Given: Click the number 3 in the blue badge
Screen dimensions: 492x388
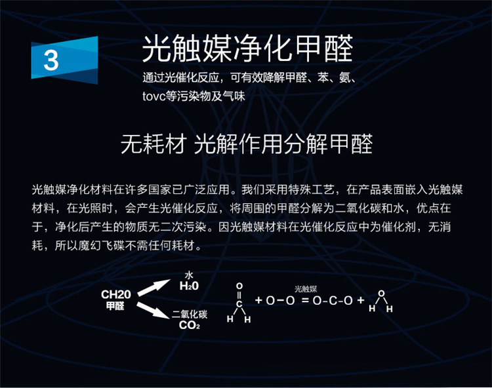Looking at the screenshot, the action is [x=51, y=60].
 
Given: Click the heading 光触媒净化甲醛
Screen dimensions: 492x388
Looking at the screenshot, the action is [x=248, y=48].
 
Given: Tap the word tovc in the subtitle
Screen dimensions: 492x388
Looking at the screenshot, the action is [x=154, y=96].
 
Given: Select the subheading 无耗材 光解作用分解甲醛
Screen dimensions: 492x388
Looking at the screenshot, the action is [x=247, y=144].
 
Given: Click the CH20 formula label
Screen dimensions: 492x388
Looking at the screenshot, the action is [x=115, y=294].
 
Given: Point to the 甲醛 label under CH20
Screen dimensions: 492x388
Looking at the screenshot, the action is [x=115, y=305].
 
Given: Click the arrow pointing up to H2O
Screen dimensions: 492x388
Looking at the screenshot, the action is [x=154, y=288].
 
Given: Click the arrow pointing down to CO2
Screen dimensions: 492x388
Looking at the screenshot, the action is [x=153, y=310].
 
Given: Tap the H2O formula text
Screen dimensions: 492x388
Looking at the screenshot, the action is [x=189, y=286].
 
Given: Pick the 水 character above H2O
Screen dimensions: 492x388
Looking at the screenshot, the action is [x=189, y=275].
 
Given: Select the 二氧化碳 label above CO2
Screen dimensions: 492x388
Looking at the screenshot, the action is [x=190, y=315].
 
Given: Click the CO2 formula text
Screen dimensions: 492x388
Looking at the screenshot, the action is [x=190, y=325].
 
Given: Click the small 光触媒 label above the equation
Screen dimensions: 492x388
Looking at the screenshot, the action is [x=306, y=289].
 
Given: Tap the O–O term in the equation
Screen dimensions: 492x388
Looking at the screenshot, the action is [x=280, y=301].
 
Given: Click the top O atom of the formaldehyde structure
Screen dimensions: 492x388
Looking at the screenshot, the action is [x=239, y=286].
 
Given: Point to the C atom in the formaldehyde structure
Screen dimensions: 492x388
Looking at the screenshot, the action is [x=239, y=304].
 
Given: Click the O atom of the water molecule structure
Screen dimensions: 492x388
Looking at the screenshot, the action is [x=381, y=294].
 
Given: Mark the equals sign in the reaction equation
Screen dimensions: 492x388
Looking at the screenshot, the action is [x=305, y=301].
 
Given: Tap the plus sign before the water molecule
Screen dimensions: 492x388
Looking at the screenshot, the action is [x=361, y=300].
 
